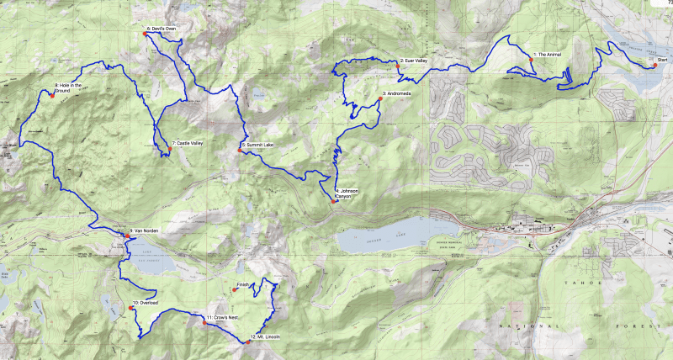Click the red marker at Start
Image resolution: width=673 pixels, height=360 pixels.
point(654,65)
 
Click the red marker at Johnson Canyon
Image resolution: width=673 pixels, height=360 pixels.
point(335,201)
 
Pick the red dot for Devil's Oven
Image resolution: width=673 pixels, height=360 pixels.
point(147,34)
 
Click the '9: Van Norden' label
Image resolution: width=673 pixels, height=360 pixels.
point(145,230)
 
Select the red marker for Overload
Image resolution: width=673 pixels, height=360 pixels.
point(131,309)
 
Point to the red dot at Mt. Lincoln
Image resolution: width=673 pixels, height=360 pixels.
point(250,341)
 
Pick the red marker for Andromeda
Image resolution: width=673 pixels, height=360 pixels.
point(379,99)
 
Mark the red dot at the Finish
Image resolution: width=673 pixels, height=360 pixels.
point(234,290)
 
